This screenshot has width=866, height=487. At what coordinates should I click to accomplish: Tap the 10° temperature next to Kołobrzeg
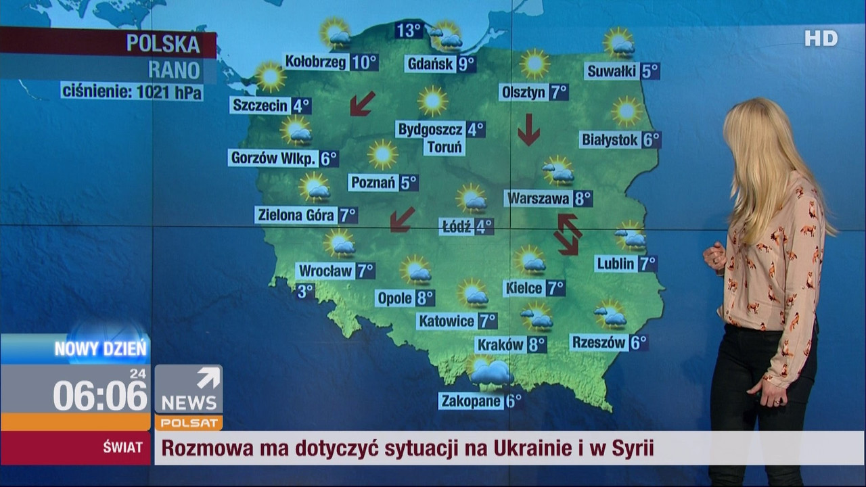(364, 62)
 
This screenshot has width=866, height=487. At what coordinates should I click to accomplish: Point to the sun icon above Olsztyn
(534, 64)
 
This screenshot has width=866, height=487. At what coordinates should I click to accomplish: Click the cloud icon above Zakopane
(492, 373)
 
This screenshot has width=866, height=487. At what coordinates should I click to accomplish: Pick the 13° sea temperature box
(409, 30)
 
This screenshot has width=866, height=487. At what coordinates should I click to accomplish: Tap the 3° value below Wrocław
(306, 291)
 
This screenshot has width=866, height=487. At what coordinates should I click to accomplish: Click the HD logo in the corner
(821, 39)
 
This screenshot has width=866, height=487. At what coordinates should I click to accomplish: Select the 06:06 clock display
(100, 395)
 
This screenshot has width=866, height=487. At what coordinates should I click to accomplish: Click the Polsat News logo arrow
(208, 378)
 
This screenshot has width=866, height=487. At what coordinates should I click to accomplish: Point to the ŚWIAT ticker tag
(122, 447)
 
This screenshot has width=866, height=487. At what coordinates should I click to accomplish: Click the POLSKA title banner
(163, 45)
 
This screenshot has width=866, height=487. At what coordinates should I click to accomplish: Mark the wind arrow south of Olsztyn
(528, 130)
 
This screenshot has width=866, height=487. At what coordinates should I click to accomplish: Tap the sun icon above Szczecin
(270, 76)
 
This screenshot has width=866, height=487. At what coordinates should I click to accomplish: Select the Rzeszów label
(599, 343)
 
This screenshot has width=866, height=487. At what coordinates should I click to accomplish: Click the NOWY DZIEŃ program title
(100, 350)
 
